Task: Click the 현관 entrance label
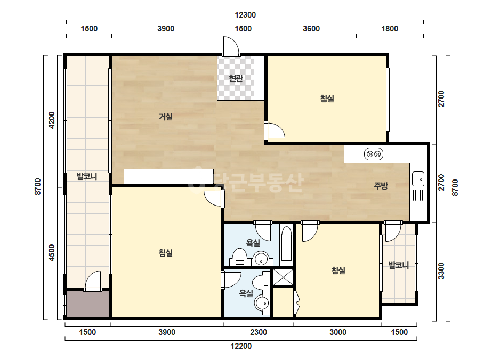coord(236,78)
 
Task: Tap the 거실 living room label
coord(166,117)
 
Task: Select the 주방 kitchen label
coord(381,186)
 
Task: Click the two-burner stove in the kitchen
coord(373,154)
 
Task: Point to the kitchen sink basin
coord(418,179)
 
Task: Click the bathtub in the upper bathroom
coord(286,244)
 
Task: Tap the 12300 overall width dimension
coord(245,15)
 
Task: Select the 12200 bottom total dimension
coord(241,346)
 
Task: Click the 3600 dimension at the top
coord(311,29)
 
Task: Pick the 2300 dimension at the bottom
coord(259,332)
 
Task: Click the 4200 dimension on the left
coord(52,120)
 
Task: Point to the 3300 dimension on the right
coord(441,271)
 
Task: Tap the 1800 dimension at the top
coord(390,29)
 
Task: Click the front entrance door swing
coord(231,46)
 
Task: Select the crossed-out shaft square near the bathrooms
coord(283,277)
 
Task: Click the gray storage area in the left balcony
coord(87,304)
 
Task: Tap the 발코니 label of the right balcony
coord(399,265)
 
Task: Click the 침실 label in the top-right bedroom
coord(327,99)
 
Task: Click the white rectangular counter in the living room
coord(169,177)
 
